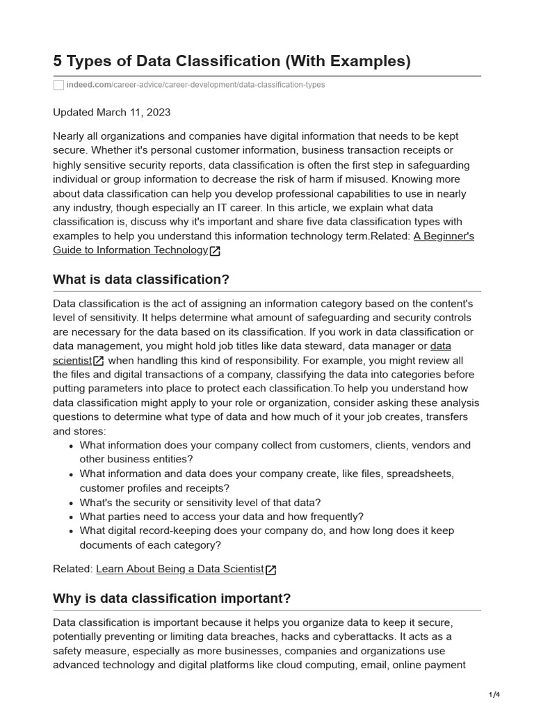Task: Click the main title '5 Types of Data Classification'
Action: tap(167, 61)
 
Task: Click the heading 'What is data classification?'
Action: tap(141, 279)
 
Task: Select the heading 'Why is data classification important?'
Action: tap(172, 598)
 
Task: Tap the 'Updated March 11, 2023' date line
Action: tap(112, 112)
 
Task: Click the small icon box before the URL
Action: tap(58, 85)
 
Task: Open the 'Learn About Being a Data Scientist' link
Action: tap(180, 569)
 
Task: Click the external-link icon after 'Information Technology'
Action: tap(215, 251)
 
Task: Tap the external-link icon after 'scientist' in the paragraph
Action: tap(99, 361)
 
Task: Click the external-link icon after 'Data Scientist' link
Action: tap(271, 569)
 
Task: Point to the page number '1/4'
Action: tap(494, 695)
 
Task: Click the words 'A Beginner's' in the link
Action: tap(444, 236)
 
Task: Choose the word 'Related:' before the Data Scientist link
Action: tap(73, 569)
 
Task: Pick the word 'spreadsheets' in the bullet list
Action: tap(419, 474)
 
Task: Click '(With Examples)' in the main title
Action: tap(347, 61)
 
